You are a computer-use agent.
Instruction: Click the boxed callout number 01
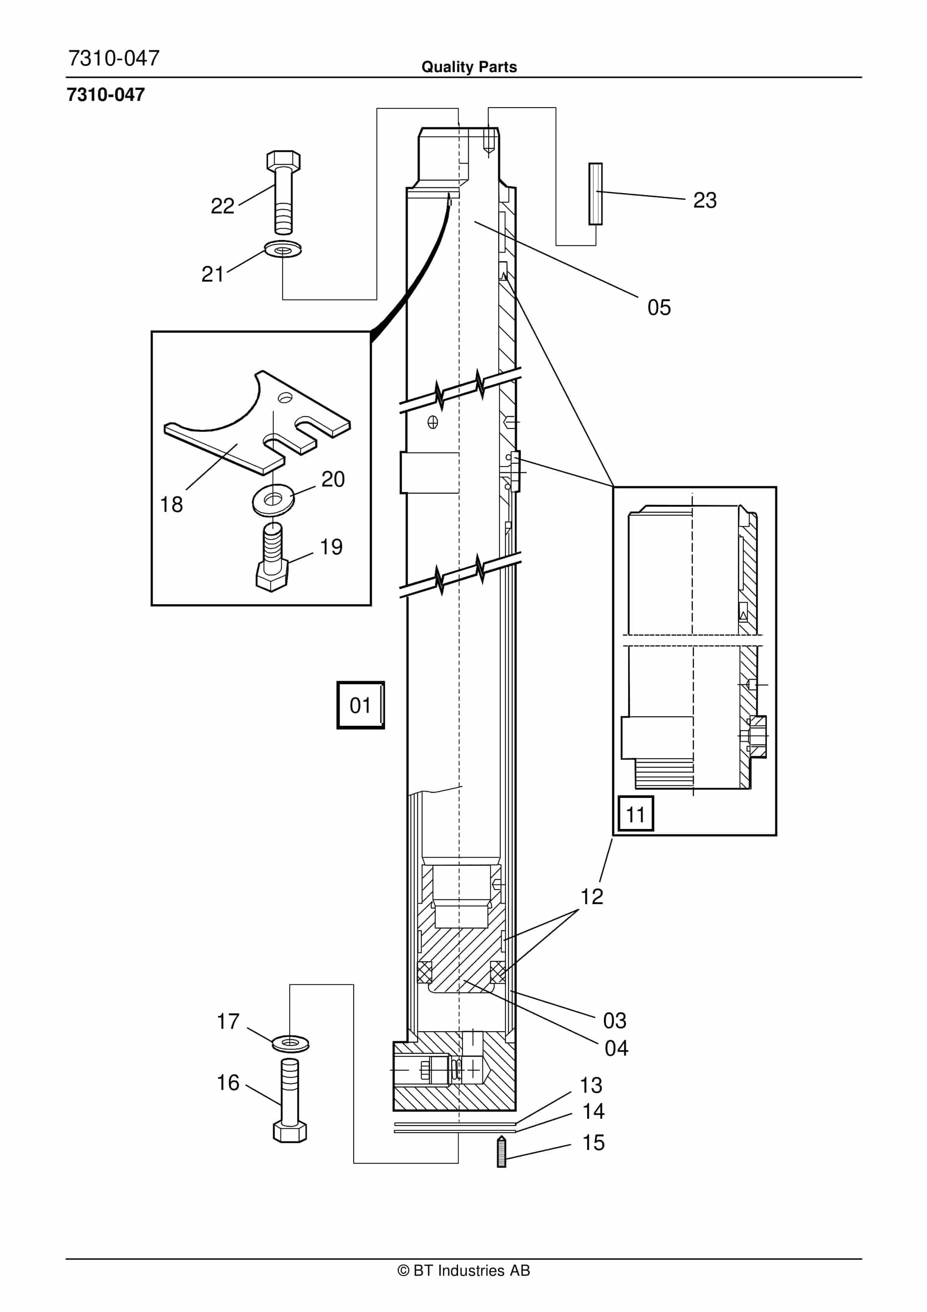360,705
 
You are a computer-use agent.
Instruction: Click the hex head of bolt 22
284,160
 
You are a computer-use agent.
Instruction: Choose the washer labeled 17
290,1044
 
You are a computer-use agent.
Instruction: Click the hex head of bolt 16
290,1131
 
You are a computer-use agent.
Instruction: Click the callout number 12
592,896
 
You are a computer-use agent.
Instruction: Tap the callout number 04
616,1048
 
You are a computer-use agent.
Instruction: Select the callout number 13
591,1085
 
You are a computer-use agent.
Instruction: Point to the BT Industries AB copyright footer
463,1270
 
